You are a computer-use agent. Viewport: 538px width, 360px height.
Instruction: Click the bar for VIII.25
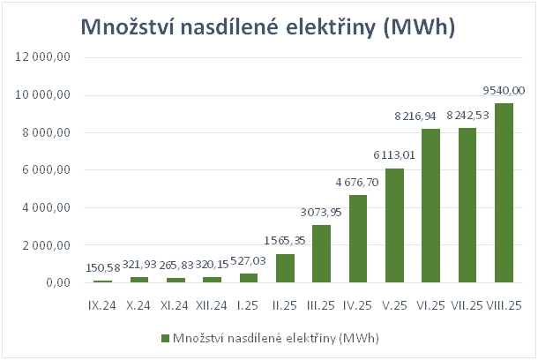point(504,193)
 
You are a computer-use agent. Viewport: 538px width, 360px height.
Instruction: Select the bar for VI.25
point(431,206)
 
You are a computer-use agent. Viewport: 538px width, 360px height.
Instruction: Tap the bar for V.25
point(395,226)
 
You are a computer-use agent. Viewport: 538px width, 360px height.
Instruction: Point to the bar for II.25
point(286,268)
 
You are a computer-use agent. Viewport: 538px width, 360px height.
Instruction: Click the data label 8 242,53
point(467,115)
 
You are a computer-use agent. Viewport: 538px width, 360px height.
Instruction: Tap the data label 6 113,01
point(395,155)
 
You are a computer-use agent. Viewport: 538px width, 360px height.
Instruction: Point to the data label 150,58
point(104,267)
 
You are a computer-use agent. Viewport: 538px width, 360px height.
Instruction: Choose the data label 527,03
point(250,260)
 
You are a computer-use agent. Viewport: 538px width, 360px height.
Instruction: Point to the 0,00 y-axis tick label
point(70,283)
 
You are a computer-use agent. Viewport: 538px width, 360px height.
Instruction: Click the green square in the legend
point(165,338)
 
